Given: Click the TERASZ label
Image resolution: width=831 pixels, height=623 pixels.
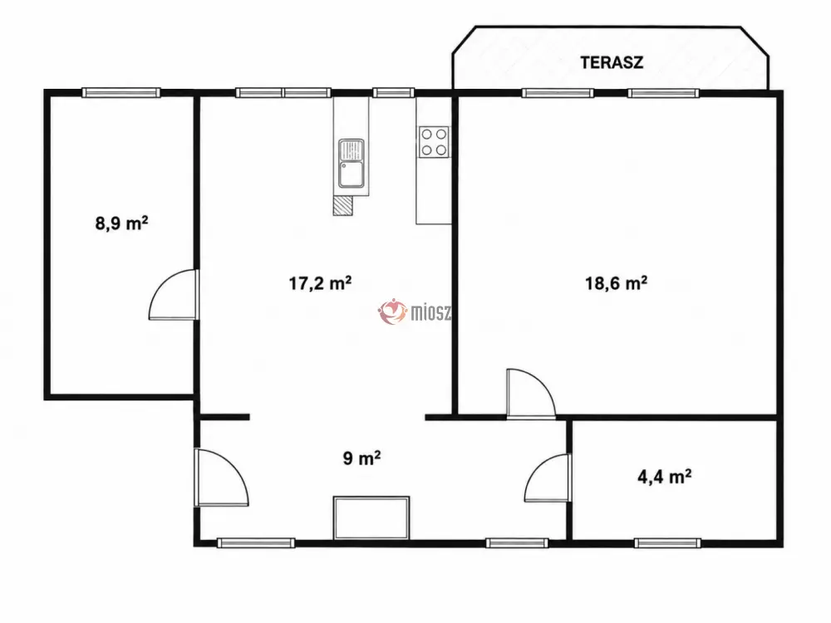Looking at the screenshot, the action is coord(612,62).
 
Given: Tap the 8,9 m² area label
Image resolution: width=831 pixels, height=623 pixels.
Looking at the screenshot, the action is coord(121,223).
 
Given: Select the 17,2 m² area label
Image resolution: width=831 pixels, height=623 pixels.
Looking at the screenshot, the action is coord(320,283).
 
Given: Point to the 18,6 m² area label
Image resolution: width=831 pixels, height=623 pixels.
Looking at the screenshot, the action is coord(616,283).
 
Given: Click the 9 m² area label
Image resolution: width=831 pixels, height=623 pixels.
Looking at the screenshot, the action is coord(362,458).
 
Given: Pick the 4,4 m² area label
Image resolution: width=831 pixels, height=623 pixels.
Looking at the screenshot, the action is coord(664,477).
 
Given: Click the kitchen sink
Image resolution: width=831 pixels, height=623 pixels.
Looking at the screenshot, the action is coord(352,164).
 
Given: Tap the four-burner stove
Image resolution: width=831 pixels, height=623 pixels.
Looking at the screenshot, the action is coord(434,142).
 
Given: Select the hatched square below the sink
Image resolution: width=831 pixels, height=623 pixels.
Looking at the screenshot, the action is coord(342,205).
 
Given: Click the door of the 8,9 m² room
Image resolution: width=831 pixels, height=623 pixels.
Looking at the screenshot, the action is coord(174,295).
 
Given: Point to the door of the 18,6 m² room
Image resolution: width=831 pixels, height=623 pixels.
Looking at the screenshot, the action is coord(531,393).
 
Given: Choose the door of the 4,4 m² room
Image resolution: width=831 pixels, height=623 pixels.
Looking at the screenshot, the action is coord(547,478).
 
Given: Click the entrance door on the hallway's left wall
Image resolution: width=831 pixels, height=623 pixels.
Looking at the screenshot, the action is coord(221,478).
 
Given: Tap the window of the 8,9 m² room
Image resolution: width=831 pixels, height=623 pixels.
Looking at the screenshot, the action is coord(121,93).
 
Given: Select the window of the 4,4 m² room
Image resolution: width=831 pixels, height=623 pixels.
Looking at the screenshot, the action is coord(668,542).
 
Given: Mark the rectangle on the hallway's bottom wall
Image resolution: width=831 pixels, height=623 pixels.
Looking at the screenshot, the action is coord(371,518).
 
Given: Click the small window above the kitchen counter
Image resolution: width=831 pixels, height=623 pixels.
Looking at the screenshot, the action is coord(393,93).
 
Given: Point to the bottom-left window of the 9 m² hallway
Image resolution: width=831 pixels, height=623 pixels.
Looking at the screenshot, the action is coord(256,542).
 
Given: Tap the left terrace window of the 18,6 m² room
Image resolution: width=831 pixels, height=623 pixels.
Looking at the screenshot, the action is coord(558,93).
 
